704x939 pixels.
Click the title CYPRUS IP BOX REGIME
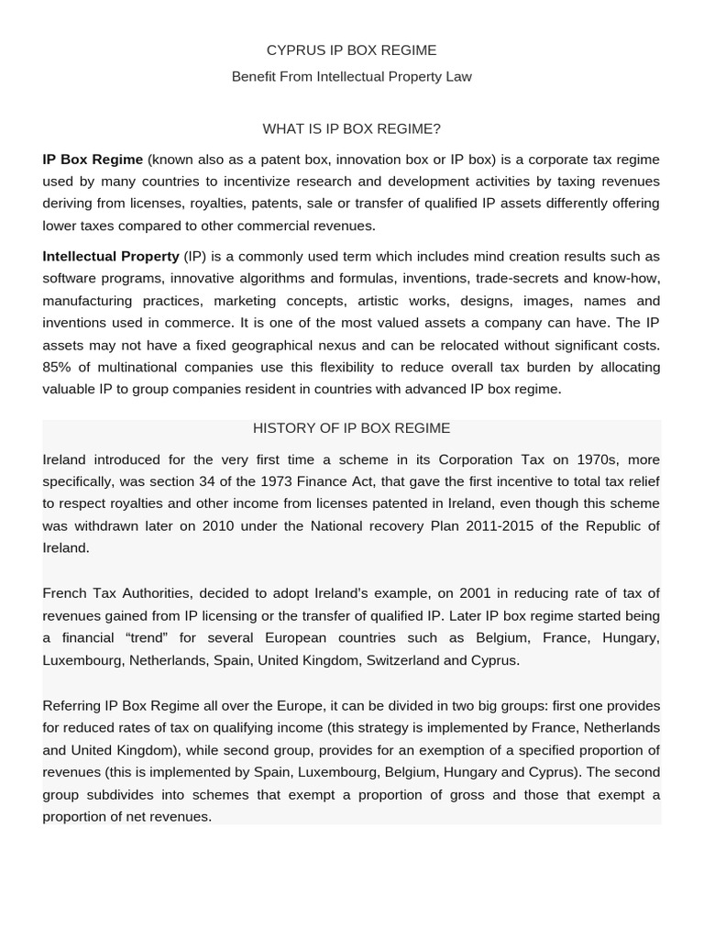351,50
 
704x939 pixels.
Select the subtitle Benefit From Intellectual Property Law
351,77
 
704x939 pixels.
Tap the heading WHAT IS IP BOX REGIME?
351,129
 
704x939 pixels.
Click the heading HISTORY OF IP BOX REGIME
351,428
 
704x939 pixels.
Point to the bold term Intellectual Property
111,257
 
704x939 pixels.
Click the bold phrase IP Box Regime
93,160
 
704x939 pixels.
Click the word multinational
137,368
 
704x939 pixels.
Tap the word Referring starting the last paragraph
71,706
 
